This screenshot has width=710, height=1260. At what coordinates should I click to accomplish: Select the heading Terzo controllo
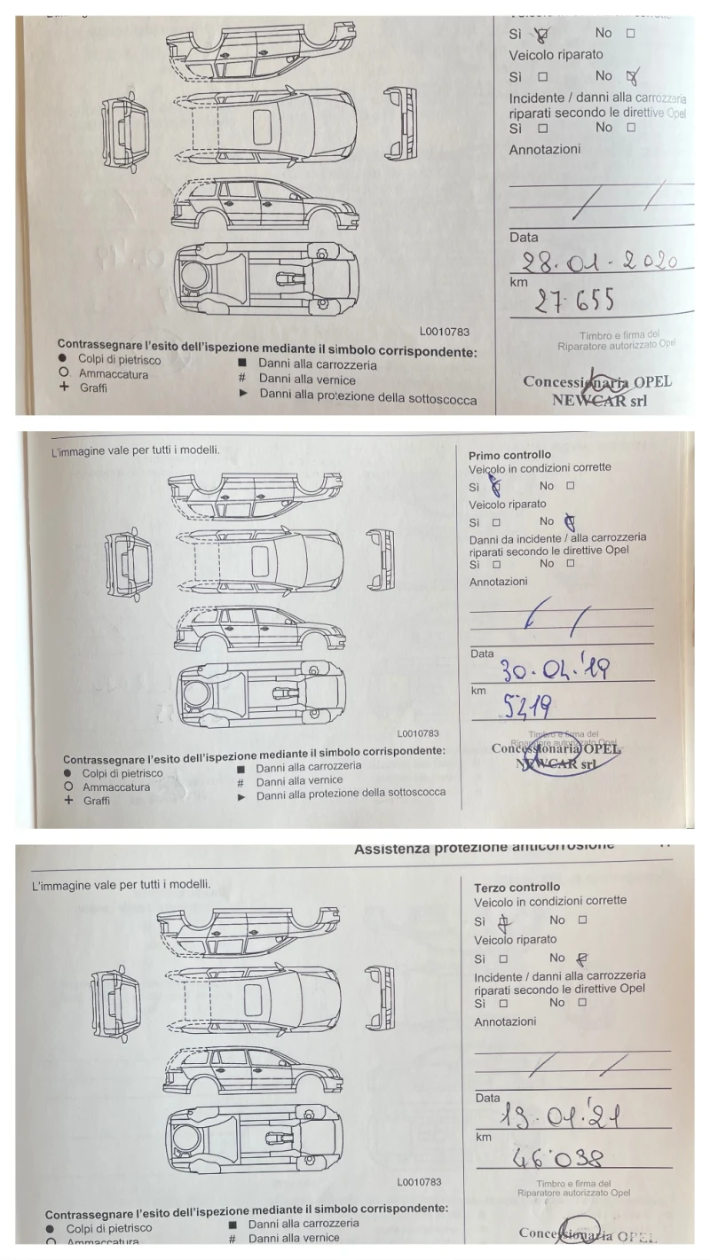(x=517, y=887)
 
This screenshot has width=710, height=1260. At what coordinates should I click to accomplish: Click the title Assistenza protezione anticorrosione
(x=483, y=849)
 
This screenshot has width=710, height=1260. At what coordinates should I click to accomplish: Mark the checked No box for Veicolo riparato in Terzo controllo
(x=582, y=958)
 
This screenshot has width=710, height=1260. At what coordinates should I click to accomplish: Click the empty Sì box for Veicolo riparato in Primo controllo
(x=496, y=522)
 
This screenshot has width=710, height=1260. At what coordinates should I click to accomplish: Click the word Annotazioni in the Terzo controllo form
(x=505, y=1021)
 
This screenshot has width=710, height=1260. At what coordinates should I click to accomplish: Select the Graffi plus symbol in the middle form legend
(x=68, y=801)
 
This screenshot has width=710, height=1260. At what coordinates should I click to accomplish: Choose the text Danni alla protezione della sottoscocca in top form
(x=367, y=400)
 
